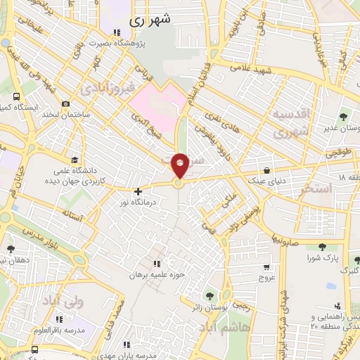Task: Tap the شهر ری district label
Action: (x=150, y=21)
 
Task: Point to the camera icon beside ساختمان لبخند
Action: (x=65, y=104)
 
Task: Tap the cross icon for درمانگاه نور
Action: (x=138, y=191)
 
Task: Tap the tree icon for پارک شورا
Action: (x=321, y=247)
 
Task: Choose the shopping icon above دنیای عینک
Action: (x=267, y=170)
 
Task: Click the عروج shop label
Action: (x=266, y=277)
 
